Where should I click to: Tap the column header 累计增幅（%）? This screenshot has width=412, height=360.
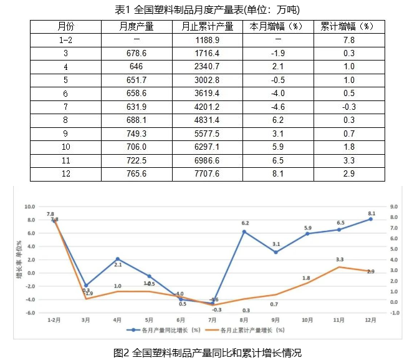[348, 27]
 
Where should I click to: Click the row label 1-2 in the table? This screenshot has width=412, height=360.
[65, 40]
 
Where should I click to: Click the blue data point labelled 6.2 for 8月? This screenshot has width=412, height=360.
[244, 231]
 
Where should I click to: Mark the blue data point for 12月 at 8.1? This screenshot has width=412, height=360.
[371, 219]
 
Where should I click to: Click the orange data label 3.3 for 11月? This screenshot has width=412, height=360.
[340, 259]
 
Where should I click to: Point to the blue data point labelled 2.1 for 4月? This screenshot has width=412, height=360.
[118, 259]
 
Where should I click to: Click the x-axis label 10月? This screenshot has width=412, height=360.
[307, 319]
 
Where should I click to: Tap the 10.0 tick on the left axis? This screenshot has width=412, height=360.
[29, 207]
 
